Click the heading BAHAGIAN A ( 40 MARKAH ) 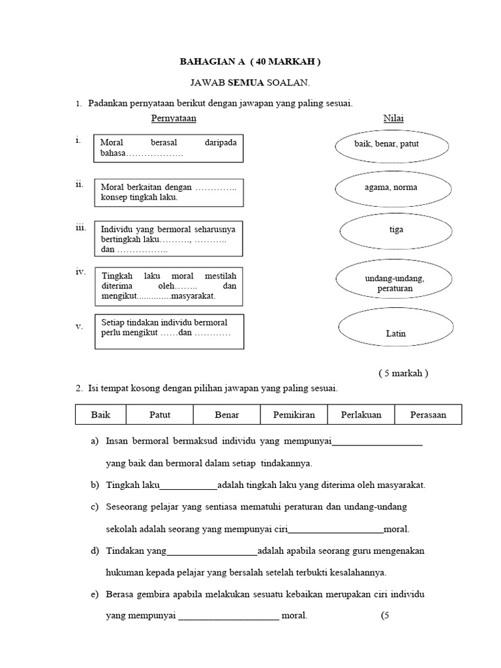tap(250, 62)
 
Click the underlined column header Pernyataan tap(174, 118)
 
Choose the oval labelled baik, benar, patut tap(391, 144)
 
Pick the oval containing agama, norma tap(391, 188)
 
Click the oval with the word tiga tap(396, 230)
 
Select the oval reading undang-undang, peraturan tap(394, 282)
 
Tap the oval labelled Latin tap(395, 333)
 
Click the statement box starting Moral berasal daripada tap(169, 148)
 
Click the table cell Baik tap(100, 415)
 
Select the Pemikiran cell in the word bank tap(294, 415)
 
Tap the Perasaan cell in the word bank tap(429, 415)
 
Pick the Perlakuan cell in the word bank tap(360, 415)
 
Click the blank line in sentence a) tap(377, 444)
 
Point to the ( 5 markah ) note tap(403, 373)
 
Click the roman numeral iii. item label tap(80, 228)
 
